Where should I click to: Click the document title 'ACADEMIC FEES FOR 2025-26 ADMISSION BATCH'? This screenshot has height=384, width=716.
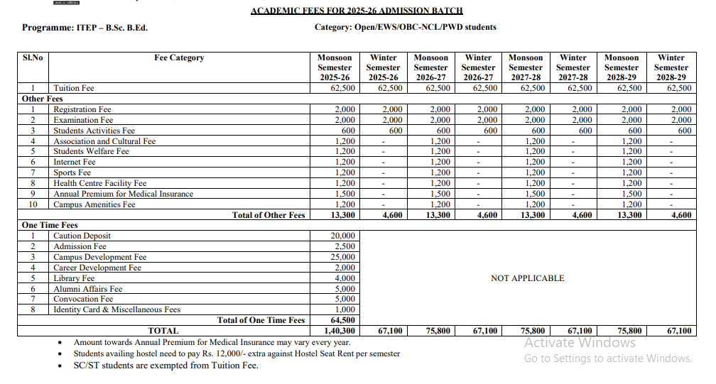(357, 11)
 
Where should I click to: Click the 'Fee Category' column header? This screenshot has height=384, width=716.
(179, 58)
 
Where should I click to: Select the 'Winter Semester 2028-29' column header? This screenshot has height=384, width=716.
(671, 67)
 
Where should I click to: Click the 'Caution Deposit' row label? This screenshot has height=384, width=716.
(82, 236)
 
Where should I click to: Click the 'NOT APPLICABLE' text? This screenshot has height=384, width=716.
(527, 278)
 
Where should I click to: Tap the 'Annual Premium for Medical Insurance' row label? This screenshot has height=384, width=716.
(123, 194)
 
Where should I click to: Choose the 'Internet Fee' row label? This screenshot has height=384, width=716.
(74, 162)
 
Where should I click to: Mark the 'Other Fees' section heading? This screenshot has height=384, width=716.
(42, 99)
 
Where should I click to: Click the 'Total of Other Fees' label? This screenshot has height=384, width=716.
(268, 215)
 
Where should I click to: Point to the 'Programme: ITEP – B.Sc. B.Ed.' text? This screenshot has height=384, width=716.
(85, 28)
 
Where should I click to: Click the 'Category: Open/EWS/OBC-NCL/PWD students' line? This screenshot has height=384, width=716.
(405, 27)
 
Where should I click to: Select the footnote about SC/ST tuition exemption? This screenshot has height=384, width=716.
(166, 366)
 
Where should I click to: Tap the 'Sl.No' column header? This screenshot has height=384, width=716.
(33, 58)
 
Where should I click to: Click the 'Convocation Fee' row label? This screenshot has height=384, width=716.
(83, 299)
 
